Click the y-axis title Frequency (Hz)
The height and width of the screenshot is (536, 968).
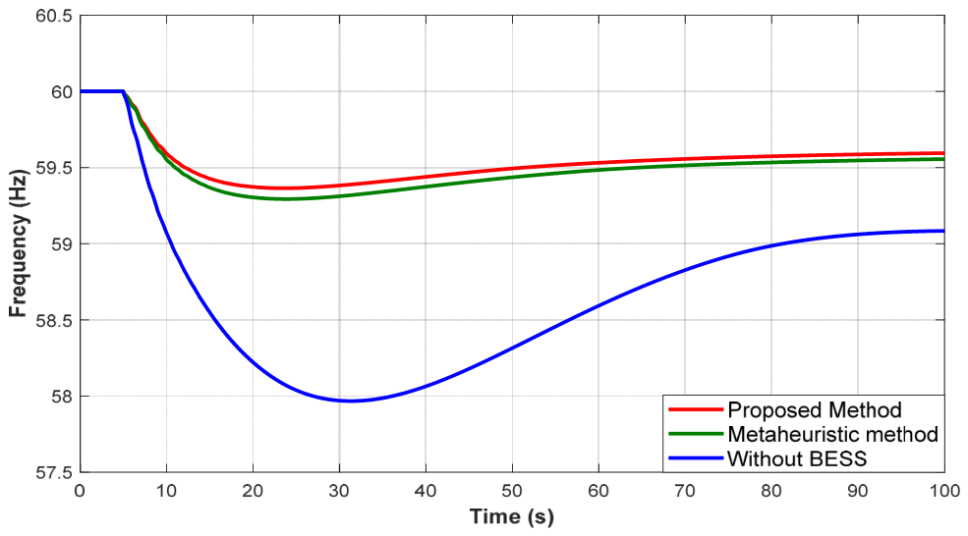[x=19, y=243]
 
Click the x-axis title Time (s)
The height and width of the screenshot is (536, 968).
[x=511, y=516]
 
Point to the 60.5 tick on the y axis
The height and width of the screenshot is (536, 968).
[x=54, y=16]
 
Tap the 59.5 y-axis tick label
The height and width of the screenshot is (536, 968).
[x=54, y=169]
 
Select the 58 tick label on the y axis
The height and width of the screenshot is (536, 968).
[x=61, y=397]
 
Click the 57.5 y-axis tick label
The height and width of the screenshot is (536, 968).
[x=54, y=473]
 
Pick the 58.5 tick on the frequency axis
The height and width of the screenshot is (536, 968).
[x=54, y=321]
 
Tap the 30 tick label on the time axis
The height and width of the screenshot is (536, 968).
[x=339, y=492]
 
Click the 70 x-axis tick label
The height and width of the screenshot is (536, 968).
[x=685, y=492]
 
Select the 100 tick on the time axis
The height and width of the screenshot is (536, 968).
[x=944, y=492]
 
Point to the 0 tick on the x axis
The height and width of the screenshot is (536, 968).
[x=80, y=492]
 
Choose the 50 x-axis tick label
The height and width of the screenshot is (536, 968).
[x=512, y=492]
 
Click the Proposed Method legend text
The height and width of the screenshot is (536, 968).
[x=815, y=410]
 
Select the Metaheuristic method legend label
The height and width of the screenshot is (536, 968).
[x=832, y=434]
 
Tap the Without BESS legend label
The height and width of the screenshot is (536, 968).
[x=797, y=458]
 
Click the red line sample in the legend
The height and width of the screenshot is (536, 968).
[x=696, y=409]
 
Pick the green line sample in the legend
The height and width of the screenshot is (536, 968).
[x=696, y=434]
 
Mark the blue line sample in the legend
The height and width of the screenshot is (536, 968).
[x=696, y=458]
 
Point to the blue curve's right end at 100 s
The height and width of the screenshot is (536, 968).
[x=943, y=231]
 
